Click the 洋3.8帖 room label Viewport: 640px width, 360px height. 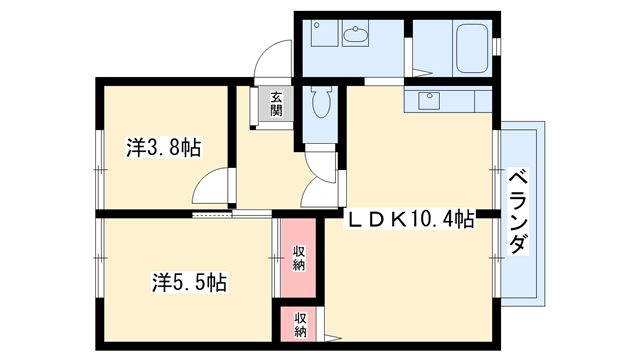pyautogui.click(x=163, y=148)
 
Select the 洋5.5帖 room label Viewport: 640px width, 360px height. pyautogui.click(x=188, y=283)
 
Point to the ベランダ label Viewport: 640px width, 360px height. pyautogui.click(x=518, y=212)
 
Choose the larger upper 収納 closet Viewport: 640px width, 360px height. pyautogui.click(x=298, y=258)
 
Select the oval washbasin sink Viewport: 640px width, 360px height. pyautogui.click(x=355, y=37)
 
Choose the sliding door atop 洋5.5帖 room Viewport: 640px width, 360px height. pyautogui.click(x=212, y=214)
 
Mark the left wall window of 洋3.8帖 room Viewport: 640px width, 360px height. pyautogui.click(x=98, y=150)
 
